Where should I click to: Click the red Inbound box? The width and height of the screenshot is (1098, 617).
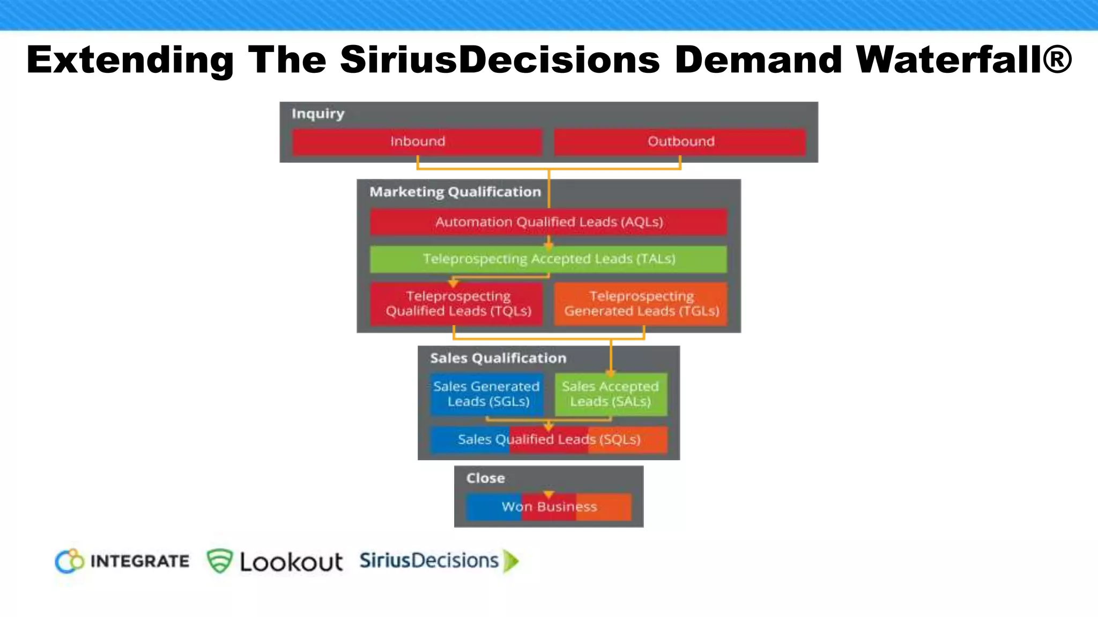417,141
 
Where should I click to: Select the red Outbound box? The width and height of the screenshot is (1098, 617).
680,141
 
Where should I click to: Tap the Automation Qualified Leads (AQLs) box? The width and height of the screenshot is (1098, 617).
548,222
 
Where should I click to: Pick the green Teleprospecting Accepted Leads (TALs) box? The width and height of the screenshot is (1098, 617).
548,259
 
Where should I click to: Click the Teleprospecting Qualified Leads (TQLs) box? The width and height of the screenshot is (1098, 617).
457,304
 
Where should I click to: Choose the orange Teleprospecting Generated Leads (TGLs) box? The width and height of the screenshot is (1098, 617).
641,304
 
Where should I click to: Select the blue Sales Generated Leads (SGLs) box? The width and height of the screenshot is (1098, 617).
487,394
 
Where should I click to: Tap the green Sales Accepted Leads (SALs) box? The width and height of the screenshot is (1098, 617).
611,395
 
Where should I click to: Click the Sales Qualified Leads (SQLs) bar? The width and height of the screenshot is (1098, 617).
549,440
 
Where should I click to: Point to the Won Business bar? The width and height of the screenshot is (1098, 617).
549,507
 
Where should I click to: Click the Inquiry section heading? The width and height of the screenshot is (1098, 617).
318,114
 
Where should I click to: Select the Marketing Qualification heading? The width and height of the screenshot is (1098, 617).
455,192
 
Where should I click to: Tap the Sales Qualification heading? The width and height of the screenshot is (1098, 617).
498,358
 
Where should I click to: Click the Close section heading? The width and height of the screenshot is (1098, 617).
485,478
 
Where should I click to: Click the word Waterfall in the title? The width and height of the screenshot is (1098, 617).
963,59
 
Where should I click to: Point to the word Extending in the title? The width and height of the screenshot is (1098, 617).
130,59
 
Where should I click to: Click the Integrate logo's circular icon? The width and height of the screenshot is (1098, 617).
70,561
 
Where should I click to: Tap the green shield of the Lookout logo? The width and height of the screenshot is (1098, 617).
220,561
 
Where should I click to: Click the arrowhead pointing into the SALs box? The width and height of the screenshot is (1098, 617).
611,372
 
